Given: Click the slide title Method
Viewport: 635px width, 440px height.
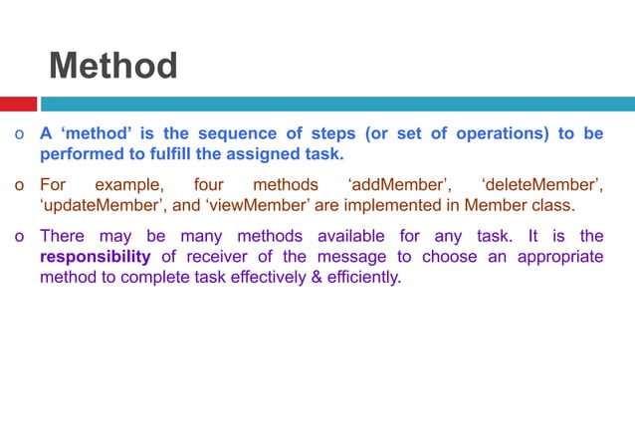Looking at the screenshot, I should tap(112, 67).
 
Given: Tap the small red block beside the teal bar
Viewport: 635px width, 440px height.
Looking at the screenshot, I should tap(19, 104).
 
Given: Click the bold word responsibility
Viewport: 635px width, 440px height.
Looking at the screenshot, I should tap(95, 257).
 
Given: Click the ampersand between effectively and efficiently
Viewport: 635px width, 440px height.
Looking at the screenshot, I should tap(317, 277).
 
